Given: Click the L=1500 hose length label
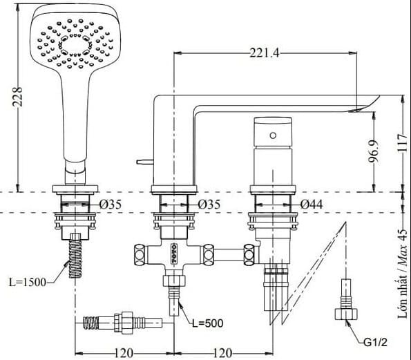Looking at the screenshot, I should pos(28,283).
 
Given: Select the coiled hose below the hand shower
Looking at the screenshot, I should pos(75,260).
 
